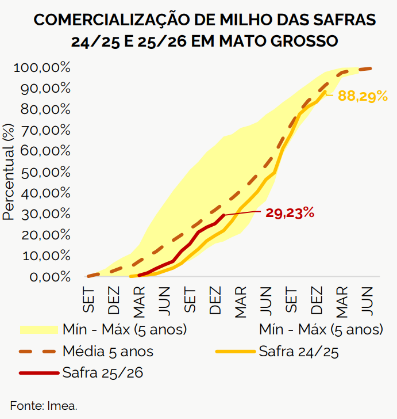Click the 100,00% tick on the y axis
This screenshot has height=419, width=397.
click(x=41, y=68)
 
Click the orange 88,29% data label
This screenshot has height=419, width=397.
click(x=363, y=96)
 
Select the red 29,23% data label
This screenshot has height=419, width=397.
click(x=290, y=213)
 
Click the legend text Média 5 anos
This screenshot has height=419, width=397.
click(x=107, y=351)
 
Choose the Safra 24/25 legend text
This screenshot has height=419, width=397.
click(x=298, y=351)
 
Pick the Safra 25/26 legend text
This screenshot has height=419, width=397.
click(x=102, y=372)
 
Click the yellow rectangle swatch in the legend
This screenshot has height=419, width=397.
click(x=39, y=330)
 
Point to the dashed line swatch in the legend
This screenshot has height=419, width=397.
click(x=39, y=351)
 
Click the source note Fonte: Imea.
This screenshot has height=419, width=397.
click(x=44, y=405)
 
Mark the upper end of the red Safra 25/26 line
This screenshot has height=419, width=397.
click(x=223, y=215)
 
